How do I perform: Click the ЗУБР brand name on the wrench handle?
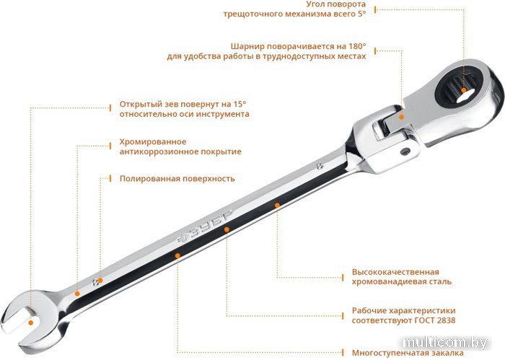click(x=205, y=227)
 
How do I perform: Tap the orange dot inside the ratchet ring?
click(x=464, y=90)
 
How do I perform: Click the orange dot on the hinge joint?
click(x=401, y=117)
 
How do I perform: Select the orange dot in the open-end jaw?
click(x=31, y=322)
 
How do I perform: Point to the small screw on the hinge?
click(x=405, y=151)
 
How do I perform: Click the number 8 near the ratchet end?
click(x=320, y=166)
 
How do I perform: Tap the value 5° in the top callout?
click(x=361, y=14)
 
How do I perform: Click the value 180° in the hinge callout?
click(x=357, y=46)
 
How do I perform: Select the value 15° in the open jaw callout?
click(x=240, y=105)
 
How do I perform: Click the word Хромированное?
click(x=153, y=142)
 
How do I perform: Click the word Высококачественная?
click(x=395, y=272)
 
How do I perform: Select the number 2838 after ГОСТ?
click(x=447, y=320)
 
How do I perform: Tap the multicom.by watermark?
click(x=445, y=343)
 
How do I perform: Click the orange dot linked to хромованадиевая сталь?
click(x=277, y=205)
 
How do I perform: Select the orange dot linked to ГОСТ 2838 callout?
click(x=227, y=229)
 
